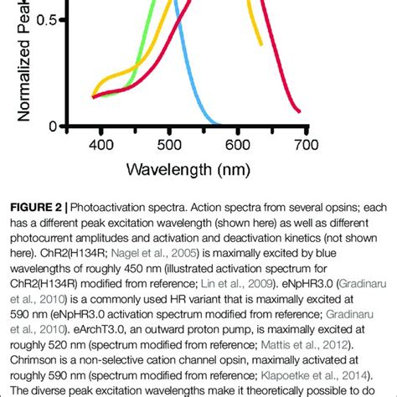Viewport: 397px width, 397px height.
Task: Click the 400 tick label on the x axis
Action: [x=101, y=144]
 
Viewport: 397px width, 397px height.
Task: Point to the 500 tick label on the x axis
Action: [x=169, y=144]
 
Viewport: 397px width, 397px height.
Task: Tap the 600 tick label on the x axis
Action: [x=238, y=144]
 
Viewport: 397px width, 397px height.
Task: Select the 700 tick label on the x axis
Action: [x=306, y=144]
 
